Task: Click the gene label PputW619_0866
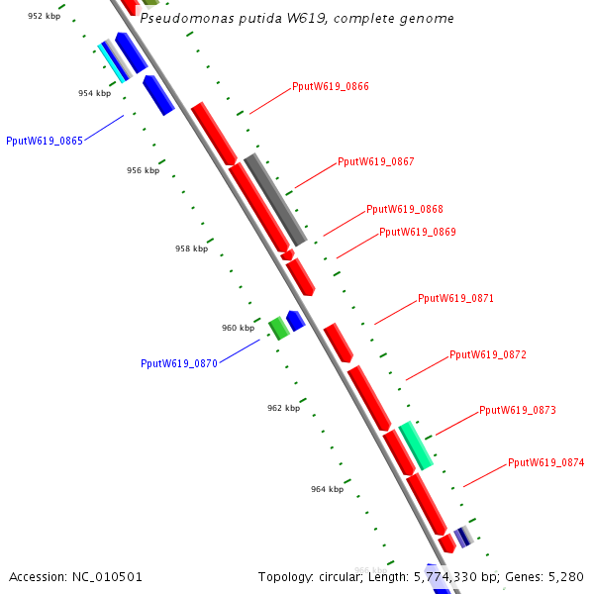(x=331, y=87)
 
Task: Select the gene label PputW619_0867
(x=376, y=161)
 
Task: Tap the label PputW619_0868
(x=405, y=209)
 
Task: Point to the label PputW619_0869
(x=418, y=232)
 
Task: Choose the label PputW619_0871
(x=455, y=298)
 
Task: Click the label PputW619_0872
(x=488, y=354)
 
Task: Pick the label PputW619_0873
(x=518, y=410)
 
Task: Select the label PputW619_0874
(x=546, y=462)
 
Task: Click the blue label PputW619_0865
(x=45, y=141)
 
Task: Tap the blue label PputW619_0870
(x=179, y=363)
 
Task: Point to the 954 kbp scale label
(x=95, y=93)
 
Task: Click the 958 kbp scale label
(x=192, y=248)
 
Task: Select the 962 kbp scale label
(x=283, y=408)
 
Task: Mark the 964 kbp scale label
(x=327, y=489)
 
